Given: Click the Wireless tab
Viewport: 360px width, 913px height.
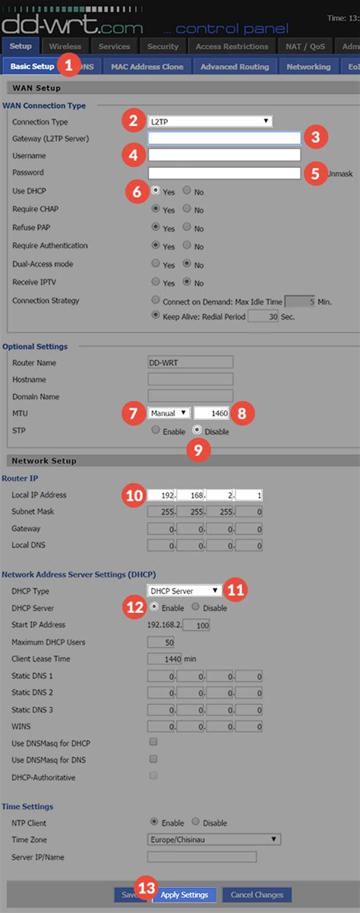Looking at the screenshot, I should click(65, 47).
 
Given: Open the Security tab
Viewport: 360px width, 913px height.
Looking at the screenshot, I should click(163, 47).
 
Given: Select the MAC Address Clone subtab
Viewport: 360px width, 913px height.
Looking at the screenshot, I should click(147, 67).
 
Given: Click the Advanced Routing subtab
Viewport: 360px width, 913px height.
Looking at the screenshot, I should click(235, 67).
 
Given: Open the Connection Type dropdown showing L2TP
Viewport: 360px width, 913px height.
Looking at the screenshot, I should click(210, 121).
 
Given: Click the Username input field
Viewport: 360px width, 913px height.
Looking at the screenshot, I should click(224, 156).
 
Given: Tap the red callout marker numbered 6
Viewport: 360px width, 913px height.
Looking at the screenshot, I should click(137, 191).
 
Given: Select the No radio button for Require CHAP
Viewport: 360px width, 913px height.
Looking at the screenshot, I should click(188, 210).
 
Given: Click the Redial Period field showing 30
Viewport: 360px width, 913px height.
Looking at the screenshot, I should click(263, 317).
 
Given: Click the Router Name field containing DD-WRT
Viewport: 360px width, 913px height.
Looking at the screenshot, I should click(190, 362).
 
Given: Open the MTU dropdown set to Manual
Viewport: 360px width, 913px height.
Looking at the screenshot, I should click(169, 413).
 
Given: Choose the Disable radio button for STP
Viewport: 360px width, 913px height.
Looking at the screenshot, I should click(197, 431).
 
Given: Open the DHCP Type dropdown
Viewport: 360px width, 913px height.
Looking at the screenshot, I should click(184, 590).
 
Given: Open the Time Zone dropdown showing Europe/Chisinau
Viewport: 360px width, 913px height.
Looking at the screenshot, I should click(213, 839).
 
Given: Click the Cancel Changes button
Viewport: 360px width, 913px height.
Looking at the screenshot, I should click(257, 895).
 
